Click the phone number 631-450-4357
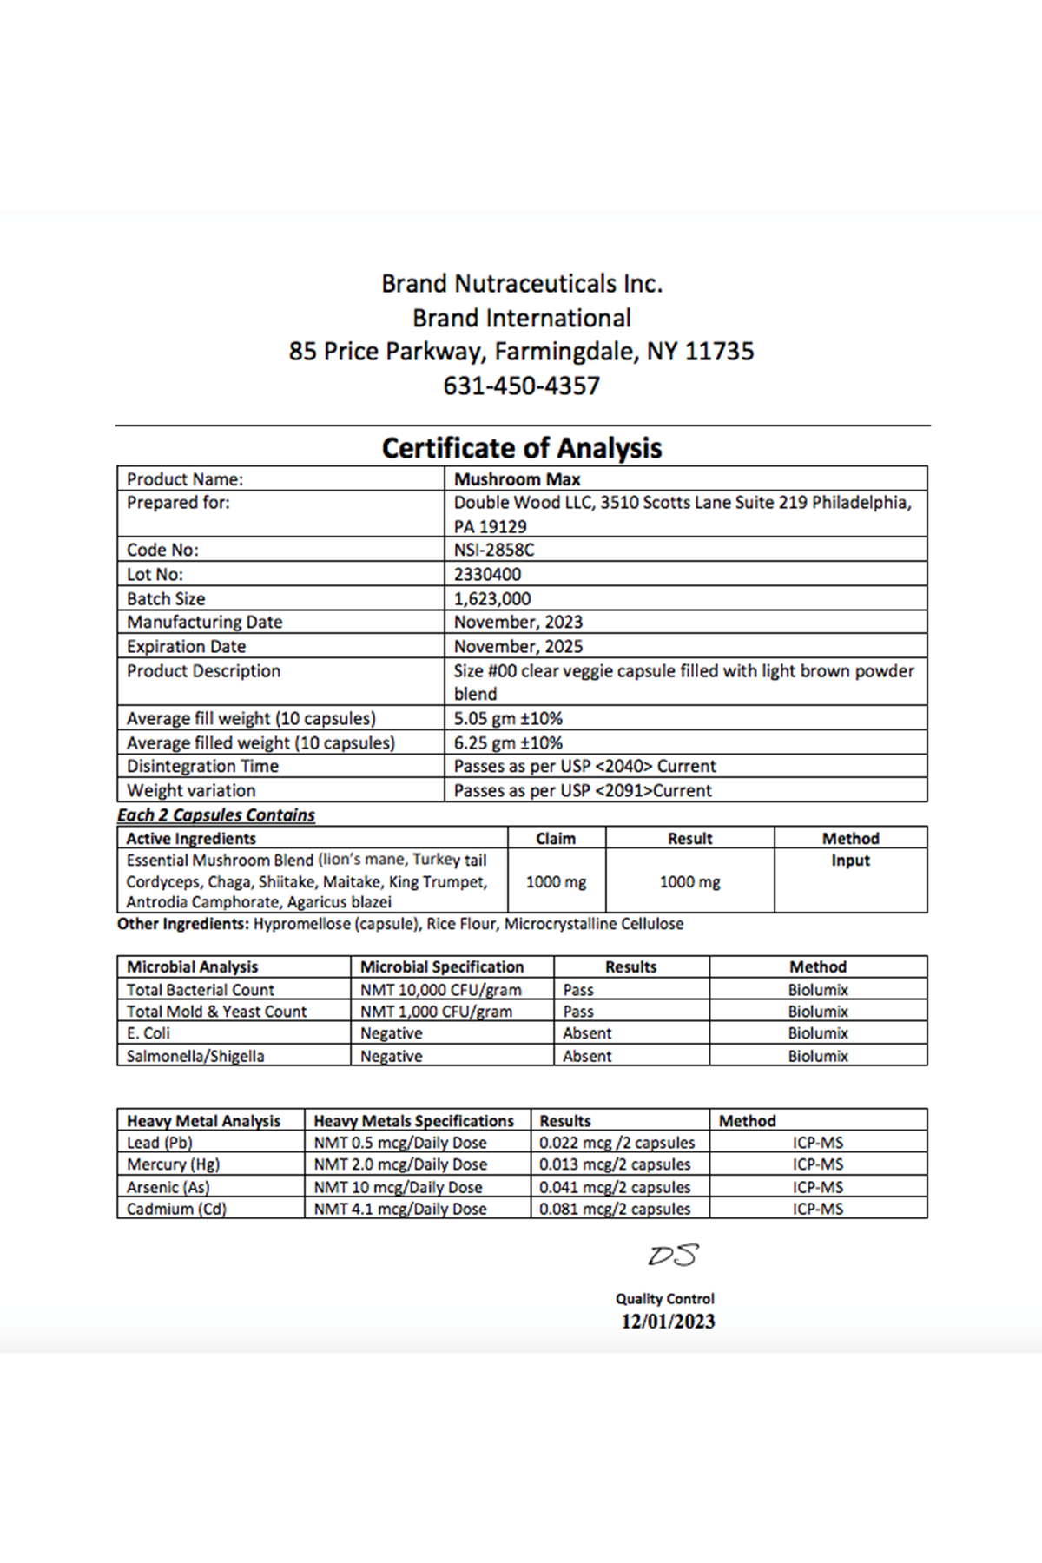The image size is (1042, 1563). [521, 386]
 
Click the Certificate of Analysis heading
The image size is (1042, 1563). [521, 448]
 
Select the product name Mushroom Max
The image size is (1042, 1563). [518, 479]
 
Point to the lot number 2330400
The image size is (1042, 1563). [487, 574]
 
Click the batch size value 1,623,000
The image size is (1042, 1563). [492, 598]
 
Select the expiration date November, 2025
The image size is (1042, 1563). [518, 646]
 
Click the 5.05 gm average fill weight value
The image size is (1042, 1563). [508, 718]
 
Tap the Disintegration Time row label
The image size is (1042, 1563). [202, 766]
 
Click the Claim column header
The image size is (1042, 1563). [556, 838]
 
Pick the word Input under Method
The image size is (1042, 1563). [850, 861]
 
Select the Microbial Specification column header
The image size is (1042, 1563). [442, 966]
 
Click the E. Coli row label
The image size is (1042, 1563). [148, 1033]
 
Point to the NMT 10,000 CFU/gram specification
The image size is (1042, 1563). [441, 990]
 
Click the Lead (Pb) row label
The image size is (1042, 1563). [160, 1143]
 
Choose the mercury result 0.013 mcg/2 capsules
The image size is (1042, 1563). [615, 1164]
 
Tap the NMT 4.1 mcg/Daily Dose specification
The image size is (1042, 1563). [400, 1209]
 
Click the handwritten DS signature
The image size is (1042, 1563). [673, 1256]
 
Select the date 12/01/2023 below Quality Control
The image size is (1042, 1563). [668, 1322]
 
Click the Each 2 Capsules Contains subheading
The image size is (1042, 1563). [216, 814]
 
